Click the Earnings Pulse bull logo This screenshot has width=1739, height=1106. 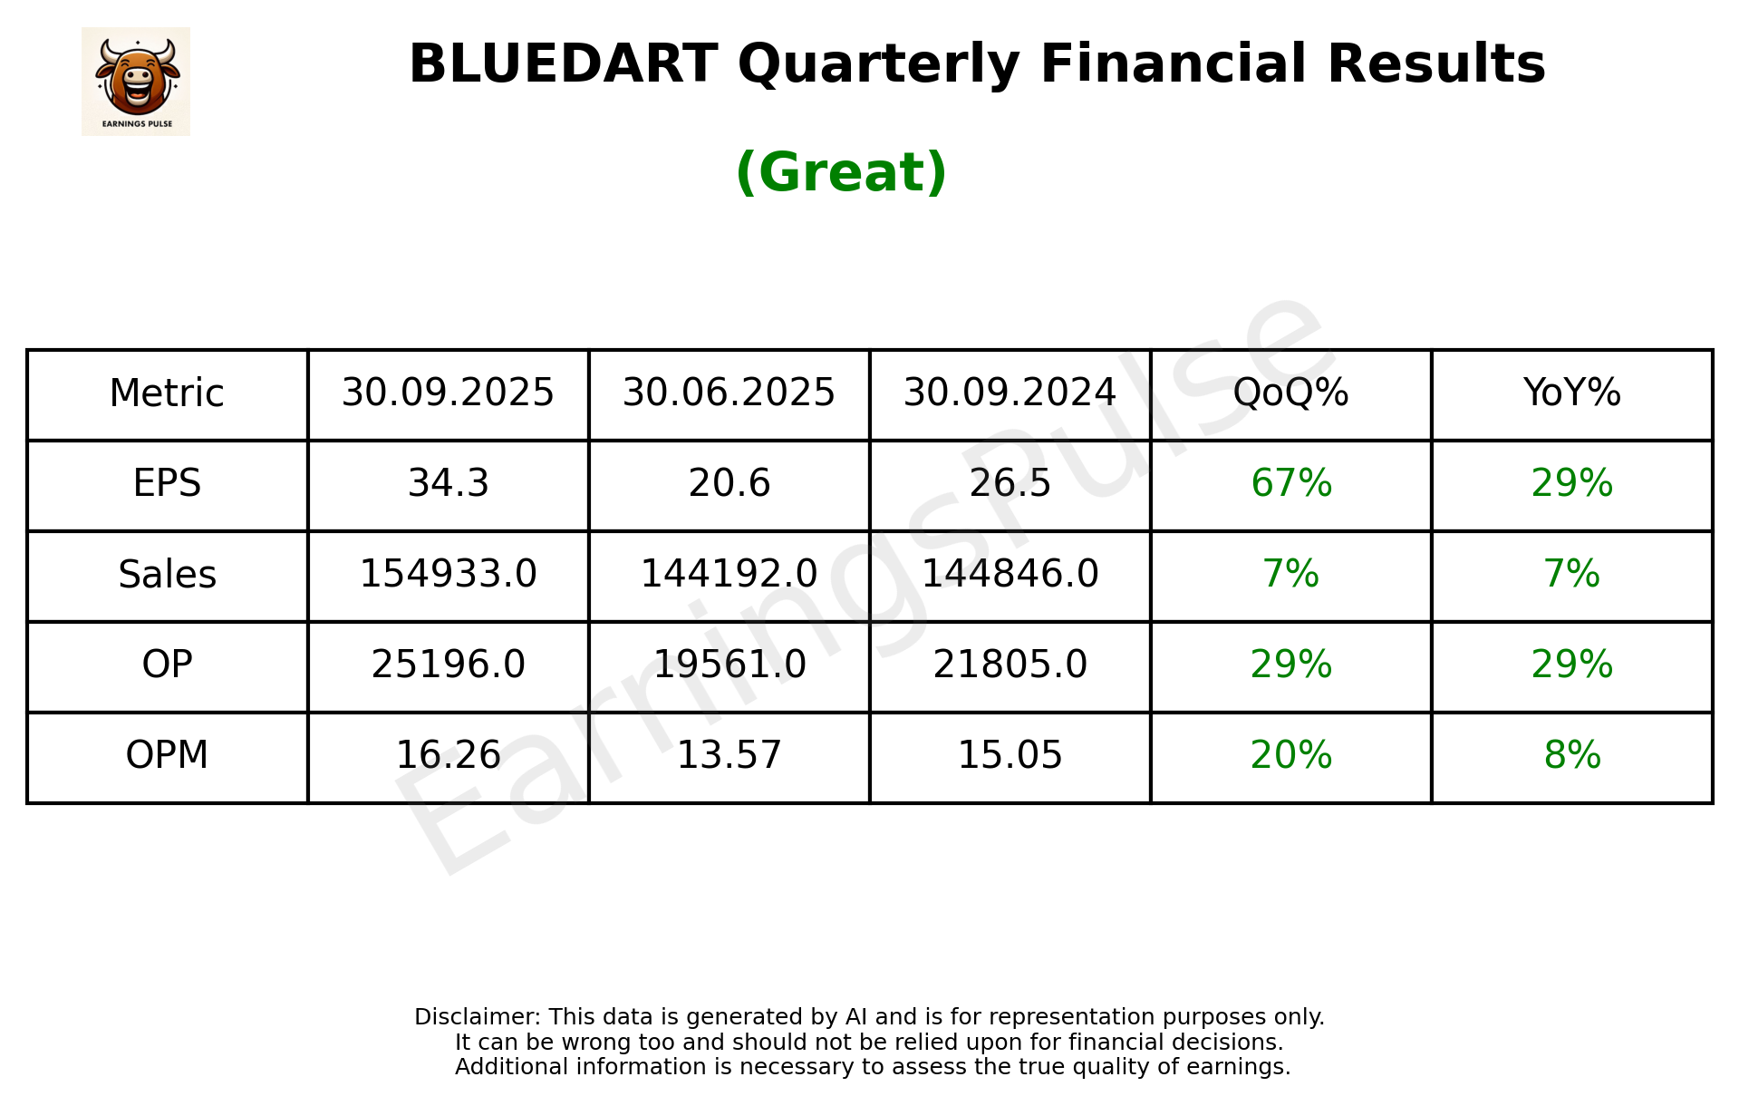click(x=136, y=82)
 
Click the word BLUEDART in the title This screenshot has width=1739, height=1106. click(x=563, y=64)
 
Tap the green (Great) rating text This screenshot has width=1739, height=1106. click(x=841, y=172)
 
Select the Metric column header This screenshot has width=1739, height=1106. click(x=167, y=393)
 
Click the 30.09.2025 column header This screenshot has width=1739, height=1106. click(x=448, y=393)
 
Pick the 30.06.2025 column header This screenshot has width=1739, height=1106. click(x=729, y=393)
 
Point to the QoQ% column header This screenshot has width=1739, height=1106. click(x=1290, y=393)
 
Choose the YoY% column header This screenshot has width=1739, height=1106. click(x=1571, y=393)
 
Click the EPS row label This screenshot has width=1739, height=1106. click(x=167, y=483)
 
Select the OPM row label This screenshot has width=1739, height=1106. click(x=167, y=755)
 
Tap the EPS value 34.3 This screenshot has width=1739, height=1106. click(x=448, y=483)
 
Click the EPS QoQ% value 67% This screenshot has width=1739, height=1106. click(x=1290, y=483)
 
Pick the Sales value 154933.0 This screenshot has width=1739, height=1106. click(x=448, y=574)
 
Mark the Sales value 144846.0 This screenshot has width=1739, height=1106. click(x=1010, y=574)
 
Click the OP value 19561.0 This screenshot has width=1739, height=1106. click(x=729, y=665)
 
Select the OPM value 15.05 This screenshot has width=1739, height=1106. click(x=1010, y=755)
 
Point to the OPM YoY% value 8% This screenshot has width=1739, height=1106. click(x=1571, y=755)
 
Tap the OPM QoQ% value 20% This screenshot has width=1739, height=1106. click(x=1290, y=755)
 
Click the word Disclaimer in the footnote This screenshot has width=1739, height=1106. click(x=477, y=1017)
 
